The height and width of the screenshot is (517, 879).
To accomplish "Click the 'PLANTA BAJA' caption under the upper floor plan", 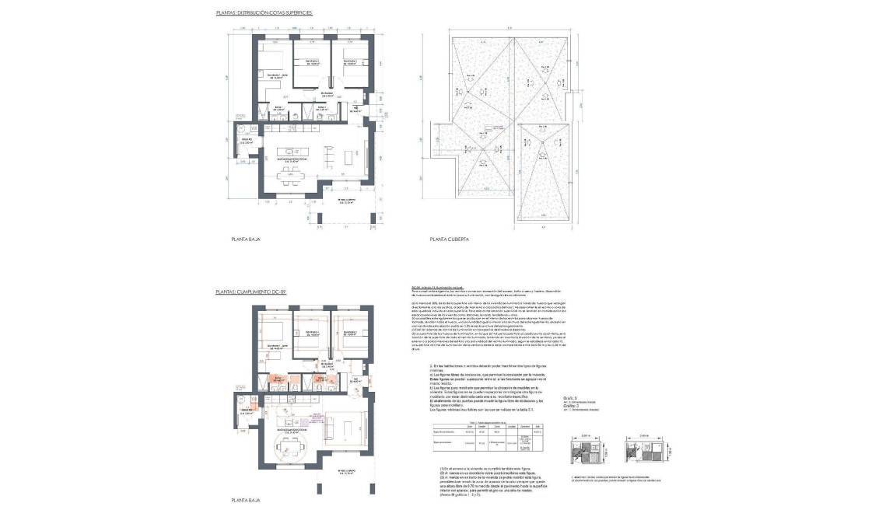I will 245,239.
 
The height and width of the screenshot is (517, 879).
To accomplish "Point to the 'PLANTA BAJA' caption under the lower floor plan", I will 245,502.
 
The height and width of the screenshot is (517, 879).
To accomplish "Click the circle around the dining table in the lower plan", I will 289,449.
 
